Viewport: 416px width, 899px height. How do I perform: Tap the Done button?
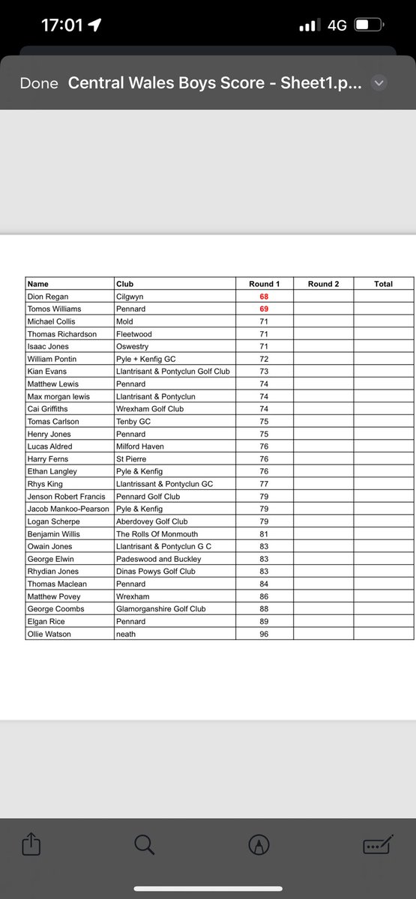pyautogui.click(x=39, y=84)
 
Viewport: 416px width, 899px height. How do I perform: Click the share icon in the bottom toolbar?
pyautogui.click(x=31, y=845)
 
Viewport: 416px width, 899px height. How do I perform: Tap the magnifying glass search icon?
pyautogui.click(x=144, y=845)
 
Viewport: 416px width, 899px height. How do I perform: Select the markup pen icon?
pyautogui.click(x=259, y=845)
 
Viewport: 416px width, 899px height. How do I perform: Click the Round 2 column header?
pyautogui.click(x=323, y=284)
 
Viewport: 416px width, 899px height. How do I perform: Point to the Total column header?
pyautogui.click(x=383, y=284)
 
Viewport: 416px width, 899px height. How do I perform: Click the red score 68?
pyautogui.click(x=263, y=297)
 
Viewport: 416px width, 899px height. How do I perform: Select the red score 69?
pyautogui.click(x=263, y=309)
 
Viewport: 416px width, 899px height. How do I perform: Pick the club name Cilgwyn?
pyautogui.click(x=130, y=297)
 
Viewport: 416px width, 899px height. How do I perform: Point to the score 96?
pyautogui.click(x=263, y=635)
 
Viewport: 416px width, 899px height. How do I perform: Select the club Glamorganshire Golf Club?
pyautogui.click(x=160, y=609)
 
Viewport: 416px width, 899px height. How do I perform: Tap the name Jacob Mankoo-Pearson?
pyautogui.click(x=68, y=509)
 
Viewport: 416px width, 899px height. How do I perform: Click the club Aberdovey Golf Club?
pyautogui.click(x=151, y=521)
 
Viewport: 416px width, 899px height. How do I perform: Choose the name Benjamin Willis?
pyautogui.click(x=55, y=534)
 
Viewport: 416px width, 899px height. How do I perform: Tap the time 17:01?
pyautogui.click(x=61, y=25)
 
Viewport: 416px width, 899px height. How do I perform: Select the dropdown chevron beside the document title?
pyautogui.click(x=379, y=83)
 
